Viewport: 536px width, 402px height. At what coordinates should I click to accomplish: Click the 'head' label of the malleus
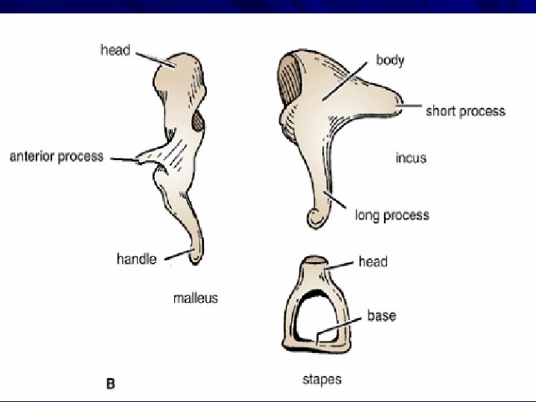115,51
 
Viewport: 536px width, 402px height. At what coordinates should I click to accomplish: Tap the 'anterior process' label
56,157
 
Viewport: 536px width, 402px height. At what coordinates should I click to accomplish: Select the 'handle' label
136,259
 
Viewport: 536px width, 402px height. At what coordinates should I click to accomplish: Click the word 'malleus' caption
196,298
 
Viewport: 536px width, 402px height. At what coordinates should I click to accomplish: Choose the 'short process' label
465,112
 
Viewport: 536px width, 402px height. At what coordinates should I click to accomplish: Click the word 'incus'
411,158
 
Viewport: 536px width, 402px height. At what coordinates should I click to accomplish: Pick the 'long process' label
392,215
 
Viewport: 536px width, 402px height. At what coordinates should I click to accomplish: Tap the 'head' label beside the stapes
373,261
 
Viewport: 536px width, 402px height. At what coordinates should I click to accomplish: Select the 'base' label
381,316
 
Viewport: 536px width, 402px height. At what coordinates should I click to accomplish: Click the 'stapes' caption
322,380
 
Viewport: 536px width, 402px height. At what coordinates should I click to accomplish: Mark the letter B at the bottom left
110,384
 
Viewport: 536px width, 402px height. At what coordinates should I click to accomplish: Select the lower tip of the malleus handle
195,258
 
